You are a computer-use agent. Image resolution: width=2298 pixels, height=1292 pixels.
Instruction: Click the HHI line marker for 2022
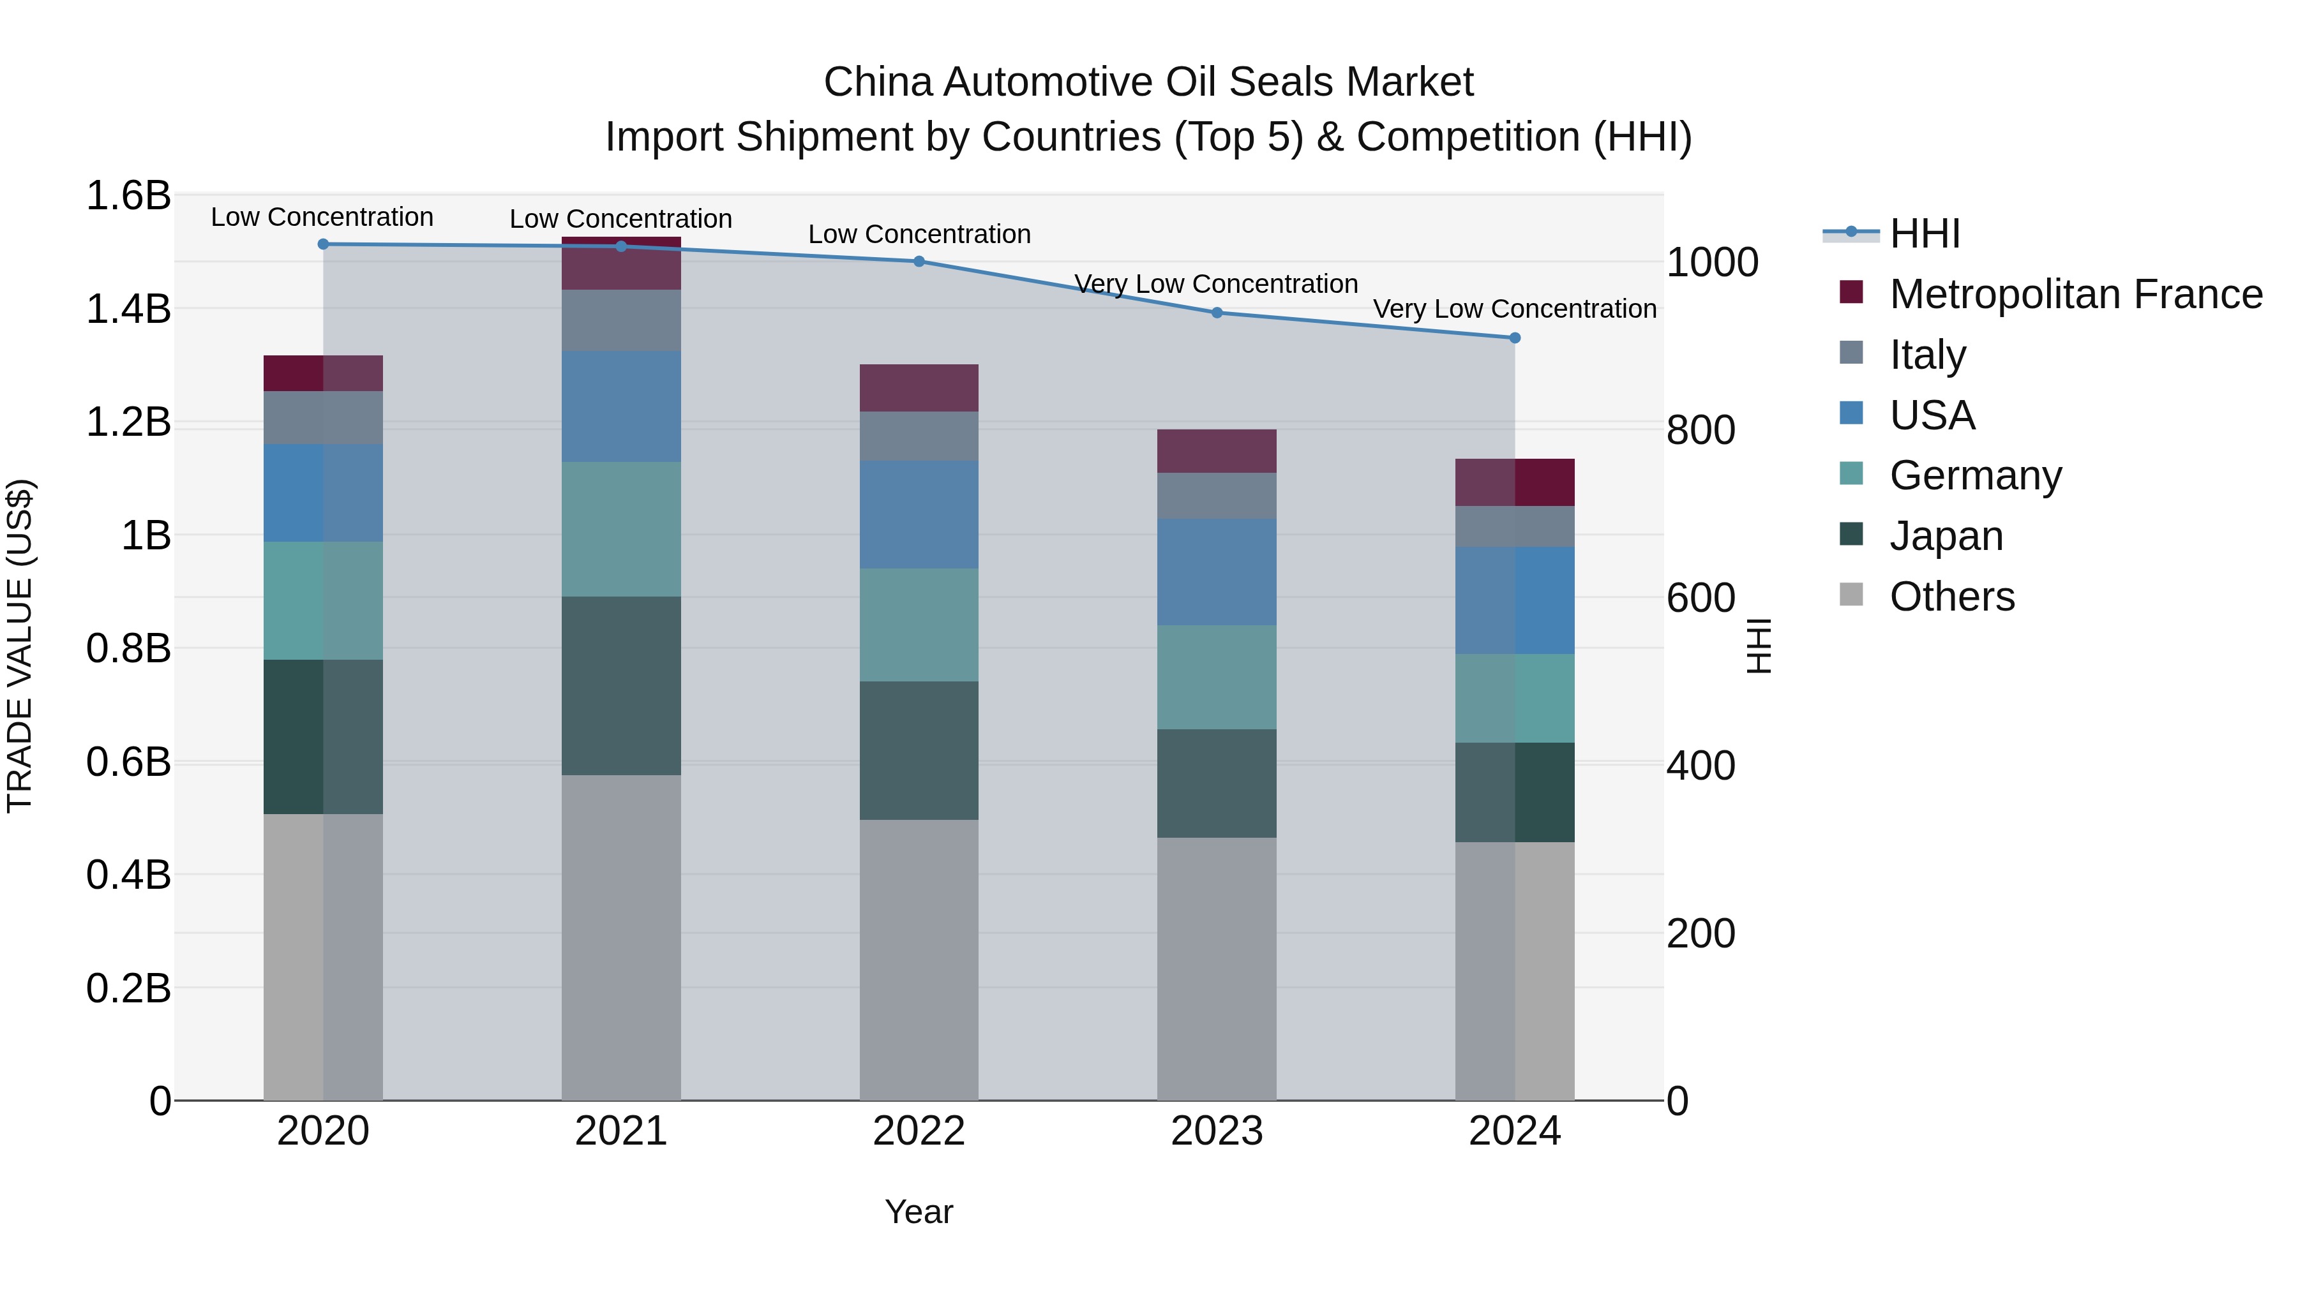click(919, 261)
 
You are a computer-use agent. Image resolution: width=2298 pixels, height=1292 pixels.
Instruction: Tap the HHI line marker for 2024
click(1514, 338)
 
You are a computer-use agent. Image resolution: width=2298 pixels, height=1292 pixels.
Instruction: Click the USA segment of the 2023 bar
click(1216, 572)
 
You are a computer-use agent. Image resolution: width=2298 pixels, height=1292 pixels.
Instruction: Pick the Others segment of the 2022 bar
click(919, 960)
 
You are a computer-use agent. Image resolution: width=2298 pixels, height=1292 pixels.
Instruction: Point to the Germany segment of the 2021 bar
click(621, 529)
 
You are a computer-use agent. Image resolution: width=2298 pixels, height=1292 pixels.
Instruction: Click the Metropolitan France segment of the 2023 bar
click(1216, 450)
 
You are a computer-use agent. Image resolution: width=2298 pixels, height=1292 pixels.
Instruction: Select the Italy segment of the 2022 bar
click(919, 435)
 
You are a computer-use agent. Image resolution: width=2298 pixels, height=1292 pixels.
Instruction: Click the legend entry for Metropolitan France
click(2075, 293)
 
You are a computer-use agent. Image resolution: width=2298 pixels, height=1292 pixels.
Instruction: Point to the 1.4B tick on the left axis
click(128, 309)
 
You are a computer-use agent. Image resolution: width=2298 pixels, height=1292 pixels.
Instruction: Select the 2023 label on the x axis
click(1216, 1131)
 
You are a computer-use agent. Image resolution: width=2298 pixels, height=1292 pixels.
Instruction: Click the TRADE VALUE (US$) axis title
click(20, 646)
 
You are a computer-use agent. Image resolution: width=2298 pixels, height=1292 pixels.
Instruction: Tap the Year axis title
click(919, 1212)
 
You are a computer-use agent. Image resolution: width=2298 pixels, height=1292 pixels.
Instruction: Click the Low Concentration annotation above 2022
click(919, 235)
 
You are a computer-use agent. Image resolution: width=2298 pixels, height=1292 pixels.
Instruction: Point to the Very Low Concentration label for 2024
click(1514, 309)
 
